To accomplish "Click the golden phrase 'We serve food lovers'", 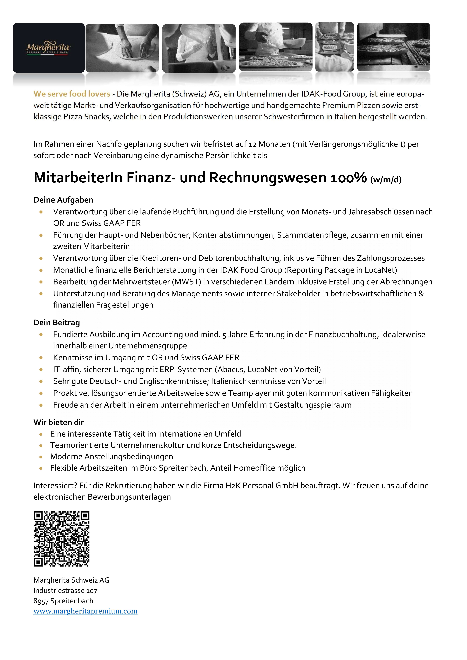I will pyautogui.click(x=72, y=94).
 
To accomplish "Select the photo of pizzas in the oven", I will pyautogui.click(x=393, y=47).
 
